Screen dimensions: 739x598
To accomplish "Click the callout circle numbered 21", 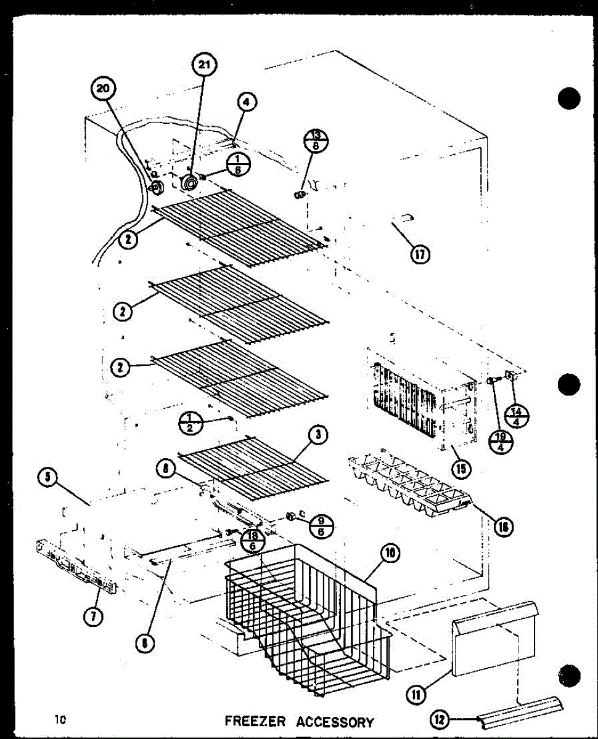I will [203, 64].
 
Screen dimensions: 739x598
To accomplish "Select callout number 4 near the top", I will [247, 103].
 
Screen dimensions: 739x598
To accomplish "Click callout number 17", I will [422, 254].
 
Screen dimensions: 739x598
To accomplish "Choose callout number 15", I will [461, 469].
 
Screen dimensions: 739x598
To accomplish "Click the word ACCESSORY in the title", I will [335, 721].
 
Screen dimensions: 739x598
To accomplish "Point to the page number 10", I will [60, 719].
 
